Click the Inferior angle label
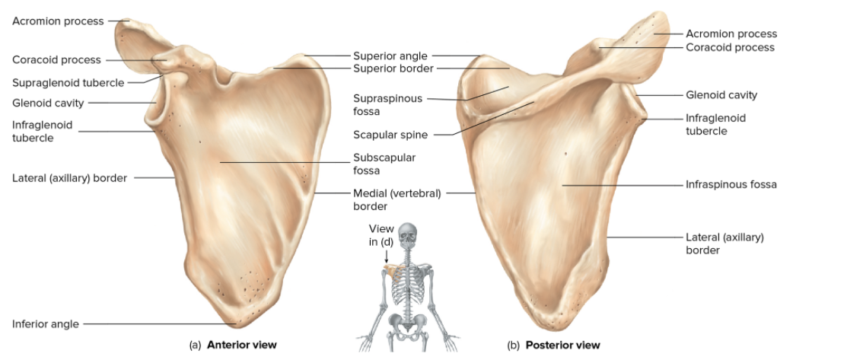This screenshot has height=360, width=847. click(x=46, y=324)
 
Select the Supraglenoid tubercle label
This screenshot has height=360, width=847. click(x=68, y=82)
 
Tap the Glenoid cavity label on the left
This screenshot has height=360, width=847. click(x=48, y=103)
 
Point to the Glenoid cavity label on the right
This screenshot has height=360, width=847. click(x=721, y=95)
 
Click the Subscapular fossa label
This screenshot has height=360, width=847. click(x=384, y=164)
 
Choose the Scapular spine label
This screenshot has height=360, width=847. click(x=390, y=135)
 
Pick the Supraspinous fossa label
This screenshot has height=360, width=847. click(x=387, y=104)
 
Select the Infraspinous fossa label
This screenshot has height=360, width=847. click(x=731, y=184)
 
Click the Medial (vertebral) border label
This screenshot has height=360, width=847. click(x=396, y=199)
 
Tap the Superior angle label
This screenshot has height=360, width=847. click(x=390, y=56)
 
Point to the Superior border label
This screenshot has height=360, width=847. click(x=393, y=68)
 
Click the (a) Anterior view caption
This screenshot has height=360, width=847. click(x=233, y=345)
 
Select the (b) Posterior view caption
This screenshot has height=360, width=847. click(x=553, y=345)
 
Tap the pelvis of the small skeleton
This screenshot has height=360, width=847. click(x=409, y=326)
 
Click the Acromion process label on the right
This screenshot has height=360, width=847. click(x=731, y=33)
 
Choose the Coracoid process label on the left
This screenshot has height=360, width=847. click(x=56, y=59)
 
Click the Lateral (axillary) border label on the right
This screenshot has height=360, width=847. click(x=724, y=244)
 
